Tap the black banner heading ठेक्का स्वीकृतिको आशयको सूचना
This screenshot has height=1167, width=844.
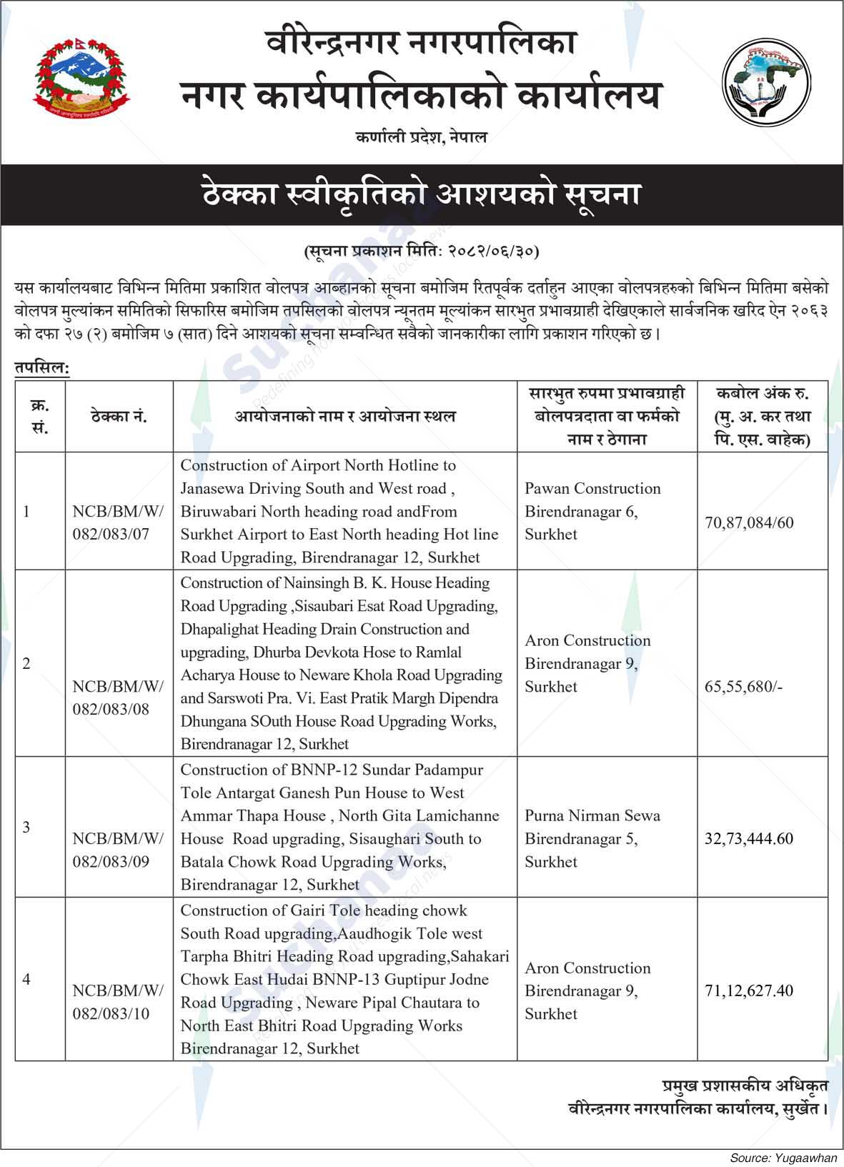pyautogui.click(x=421, y=195)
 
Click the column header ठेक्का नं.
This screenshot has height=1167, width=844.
pyautogui.click(x=119, y=417)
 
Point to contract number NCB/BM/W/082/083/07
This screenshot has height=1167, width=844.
pyautogui.click(x=118, y=522)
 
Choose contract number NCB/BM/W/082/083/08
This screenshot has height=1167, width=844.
pyautogui.click(x=118, y=697)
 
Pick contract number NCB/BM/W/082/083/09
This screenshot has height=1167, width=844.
pyautogui.click(x=118, y=850)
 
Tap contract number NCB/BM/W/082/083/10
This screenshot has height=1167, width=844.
pyautogui.click(x=118, y=1002)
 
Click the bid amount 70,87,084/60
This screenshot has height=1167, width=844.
pyautogui.click(x=749, y=523)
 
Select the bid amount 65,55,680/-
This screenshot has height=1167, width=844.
pyautogui.click(x=743, y=687)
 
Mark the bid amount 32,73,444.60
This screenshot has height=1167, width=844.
pyautogui.click(x=749, y=838)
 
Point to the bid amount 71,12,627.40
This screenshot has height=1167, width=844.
pyautogui.click(x=749, y=990)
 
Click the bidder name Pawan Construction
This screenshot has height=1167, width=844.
pyautogui.click(x=592, y=489)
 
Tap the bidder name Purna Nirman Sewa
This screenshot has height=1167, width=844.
pyautogui.click(x=592, y=815)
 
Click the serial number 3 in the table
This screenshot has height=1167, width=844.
pyautogui.click(x=26, y=827)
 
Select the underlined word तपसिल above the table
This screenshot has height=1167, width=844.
pyautogui.click(x=41, y=367)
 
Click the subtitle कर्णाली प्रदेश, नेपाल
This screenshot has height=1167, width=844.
pyautogui.click(x=421, y=137)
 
